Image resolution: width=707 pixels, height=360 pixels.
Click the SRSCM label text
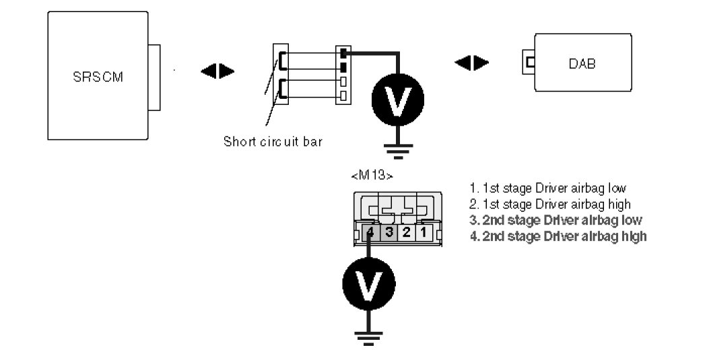(98, 75)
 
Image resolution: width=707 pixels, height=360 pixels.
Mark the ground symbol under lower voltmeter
(368, 337)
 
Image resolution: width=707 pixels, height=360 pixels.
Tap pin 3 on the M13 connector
(389, 233)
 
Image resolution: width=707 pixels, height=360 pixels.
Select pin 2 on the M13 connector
(406, 233)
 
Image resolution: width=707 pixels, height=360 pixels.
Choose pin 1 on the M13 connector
(424, 233)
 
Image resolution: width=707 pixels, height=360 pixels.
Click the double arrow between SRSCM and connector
(217, 70)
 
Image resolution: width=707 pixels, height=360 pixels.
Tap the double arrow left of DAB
(471, 63)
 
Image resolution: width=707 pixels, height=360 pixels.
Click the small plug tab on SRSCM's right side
(155, 77)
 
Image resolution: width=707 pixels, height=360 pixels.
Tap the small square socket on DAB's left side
(530, 63)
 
